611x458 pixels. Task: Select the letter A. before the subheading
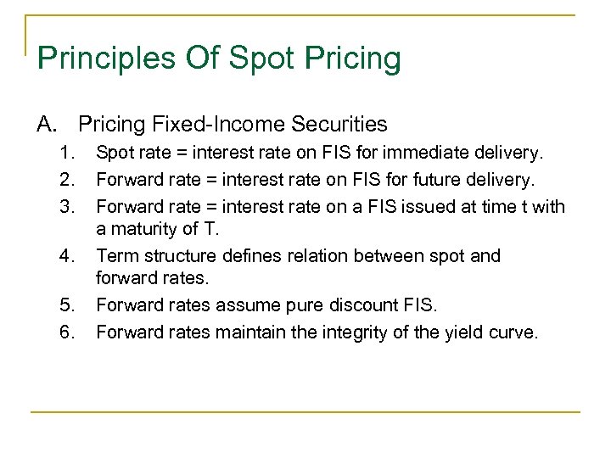pyautogui.click(x=47, y=125)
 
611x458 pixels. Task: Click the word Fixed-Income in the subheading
pyautogui.click(x=202, y=125)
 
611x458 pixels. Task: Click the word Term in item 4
pyautogui.click(x=115, y=255)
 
